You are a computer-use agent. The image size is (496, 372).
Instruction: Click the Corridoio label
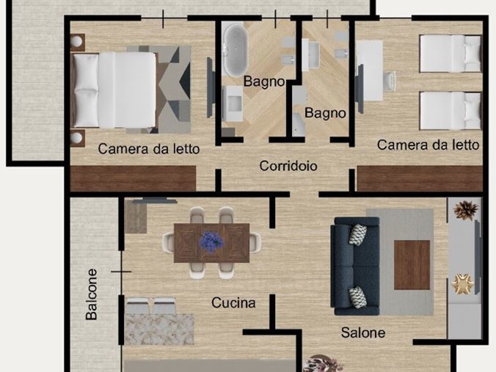pos(288,166)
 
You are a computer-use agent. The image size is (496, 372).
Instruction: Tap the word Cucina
pos(233,303)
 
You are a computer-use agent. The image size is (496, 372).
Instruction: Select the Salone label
pos(363,332)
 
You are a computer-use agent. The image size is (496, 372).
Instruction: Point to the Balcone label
pos(92,294)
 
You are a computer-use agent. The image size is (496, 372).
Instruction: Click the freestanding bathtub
pos(234,50)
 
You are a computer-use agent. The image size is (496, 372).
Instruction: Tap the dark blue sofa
pos(355,266)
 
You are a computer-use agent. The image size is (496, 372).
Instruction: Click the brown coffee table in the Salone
pos(412,265)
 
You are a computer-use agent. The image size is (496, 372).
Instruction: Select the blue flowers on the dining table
pos(211,242)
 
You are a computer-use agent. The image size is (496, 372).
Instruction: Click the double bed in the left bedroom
pos(114,90)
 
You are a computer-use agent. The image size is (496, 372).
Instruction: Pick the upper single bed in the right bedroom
pos(451,54)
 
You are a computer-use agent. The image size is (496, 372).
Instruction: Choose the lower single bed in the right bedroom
pos(451,111)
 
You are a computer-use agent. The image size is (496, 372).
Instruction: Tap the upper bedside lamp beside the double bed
pos(76,41)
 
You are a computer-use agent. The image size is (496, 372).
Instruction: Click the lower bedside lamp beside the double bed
pos(76,138)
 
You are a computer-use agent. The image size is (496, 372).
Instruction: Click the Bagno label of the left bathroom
pos(264,81)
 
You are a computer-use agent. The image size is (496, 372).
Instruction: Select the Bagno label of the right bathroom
pos(325,113)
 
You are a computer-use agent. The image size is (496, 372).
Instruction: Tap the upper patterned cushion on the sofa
pos(358,234)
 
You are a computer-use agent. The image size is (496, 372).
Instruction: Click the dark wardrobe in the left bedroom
pos(133,178)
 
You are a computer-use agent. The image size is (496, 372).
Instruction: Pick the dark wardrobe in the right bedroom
pos(420,179)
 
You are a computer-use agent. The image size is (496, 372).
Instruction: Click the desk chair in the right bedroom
pos(390,81)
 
